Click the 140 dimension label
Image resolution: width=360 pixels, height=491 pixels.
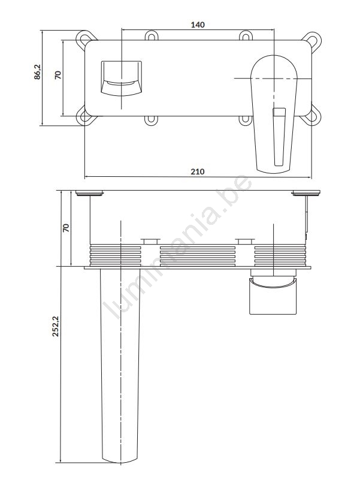(x=198, y=25)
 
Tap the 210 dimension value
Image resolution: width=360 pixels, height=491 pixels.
(x=198, y=171)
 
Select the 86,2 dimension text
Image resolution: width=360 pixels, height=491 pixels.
(x=37, y=72)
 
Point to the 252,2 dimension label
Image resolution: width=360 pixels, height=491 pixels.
(x=55, y=326)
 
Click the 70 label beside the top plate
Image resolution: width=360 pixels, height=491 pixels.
(x=58, y=75)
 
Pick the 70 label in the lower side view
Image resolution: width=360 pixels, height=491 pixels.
(x=66, y=228)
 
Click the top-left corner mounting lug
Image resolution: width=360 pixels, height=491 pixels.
(x=85, y=39)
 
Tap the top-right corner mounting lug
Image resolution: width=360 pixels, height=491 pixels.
(x=312, y=40)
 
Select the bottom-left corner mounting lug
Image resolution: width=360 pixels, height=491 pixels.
(x=84, y=116)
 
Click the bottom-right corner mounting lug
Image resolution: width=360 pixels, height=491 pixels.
(x=312, y=116)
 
